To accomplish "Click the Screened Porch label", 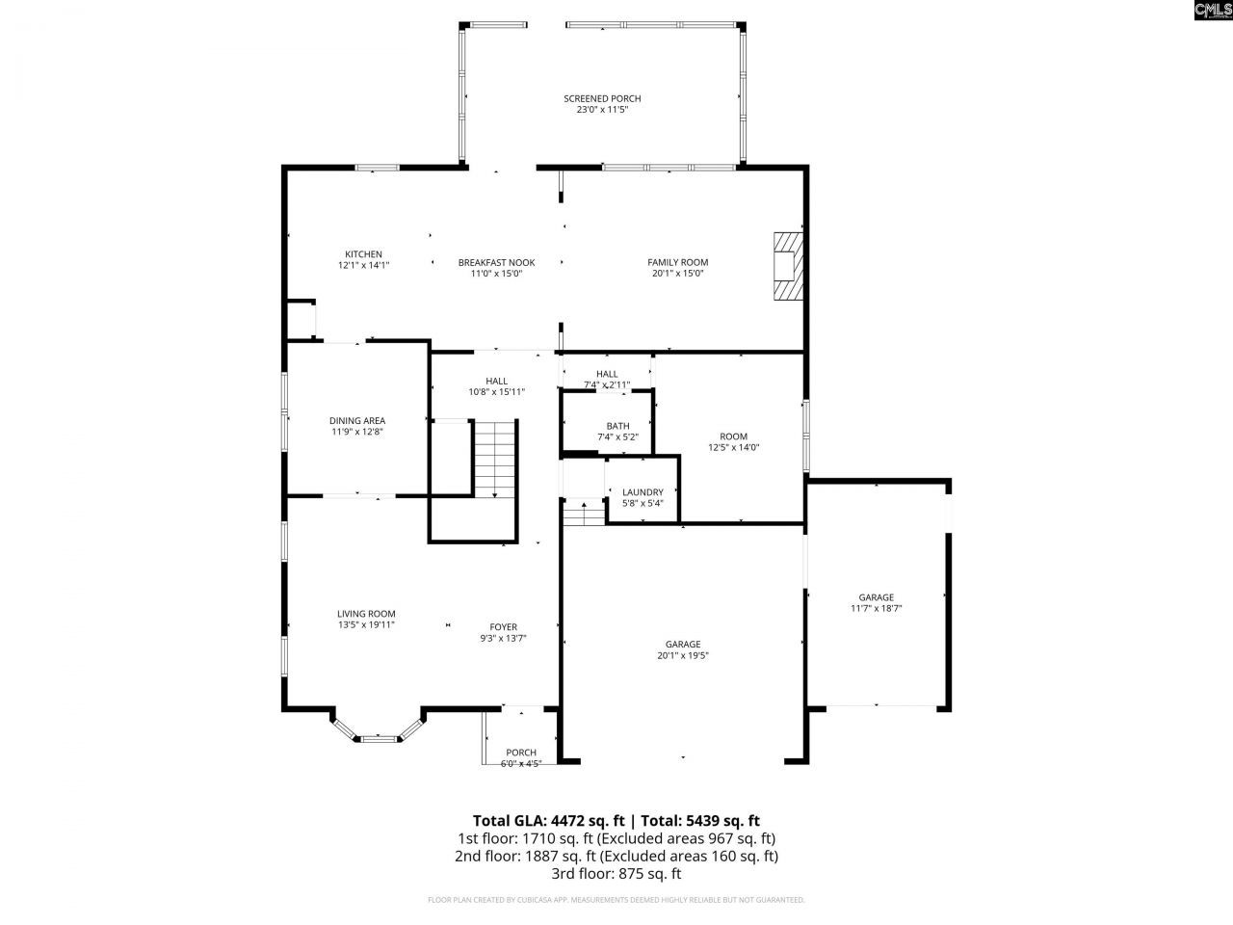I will click(x=602, y=98).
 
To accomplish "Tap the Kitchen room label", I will click(x=364, y=254).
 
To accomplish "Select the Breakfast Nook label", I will click(x=496, y=262).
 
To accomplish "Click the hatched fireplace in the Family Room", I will click(x=787, y=266).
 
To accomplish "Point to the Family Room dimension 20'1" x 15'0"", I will click(x=677, y=274).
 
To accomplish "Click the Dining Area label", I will click(x=357, y=420).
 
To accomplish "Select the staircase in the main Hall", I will click(x=495, y=459).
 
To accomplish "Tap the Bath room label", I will click(x=617, y=426).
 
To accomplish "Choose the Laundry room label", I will click(x=643, y=492).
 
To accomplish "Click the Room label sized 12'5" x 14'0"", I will click(x=733, y=436).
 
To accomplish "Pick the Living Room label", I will click(x=366, y=614).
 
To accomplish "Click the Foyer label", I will click(x=503, y=626).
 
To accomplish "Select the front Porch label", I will click(x=521, y=753).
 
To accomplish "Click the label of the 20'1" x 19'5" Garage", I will click(x=682, y=645).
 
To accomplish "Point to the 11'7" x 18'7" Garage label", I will click(x=876, y=597).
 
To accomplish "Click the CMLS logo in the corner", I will click(x=1212, y=11).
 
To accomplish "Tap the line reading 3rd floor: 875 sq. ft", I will click(x=616, y=874).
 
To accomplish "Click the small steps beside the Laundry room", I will click(x=583, y=515).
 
